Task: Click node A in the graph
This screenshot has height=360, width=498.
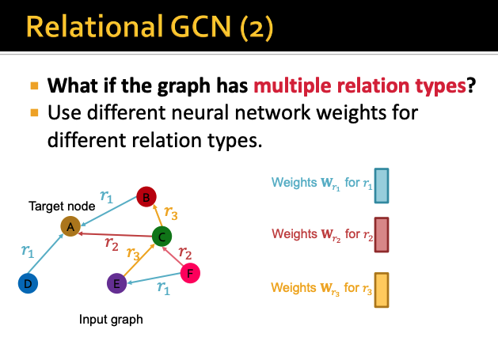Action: [x=70, y=227]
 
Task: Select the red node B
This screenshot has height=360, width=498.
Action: [x=145, y=197]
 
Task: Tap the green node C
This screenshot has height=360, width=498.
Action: [x=162, y=236]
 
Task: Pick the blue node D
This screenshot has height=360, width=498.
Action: [x=28, y=282]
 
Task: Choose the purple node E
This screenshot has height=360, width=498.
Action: [x=117, y=282]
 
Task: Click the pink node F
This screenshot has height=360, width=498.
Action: [x=190, y=274]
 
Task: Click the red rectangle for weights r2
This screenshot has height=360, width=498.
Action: [x=381, y=234]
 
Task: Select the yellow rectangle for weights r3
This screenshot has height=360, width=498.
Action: [x=381, y=289]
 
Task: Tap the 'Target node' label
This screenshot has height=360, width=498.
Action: [x=63, y=207]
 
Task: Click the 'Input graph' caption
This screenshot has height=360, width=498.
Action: [x=111, y=320]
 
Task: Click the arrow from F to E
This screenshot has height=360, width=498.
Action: [x=154, y=279]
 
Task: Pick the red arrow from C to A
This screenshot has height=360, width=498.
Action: [x=116, y=232]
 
